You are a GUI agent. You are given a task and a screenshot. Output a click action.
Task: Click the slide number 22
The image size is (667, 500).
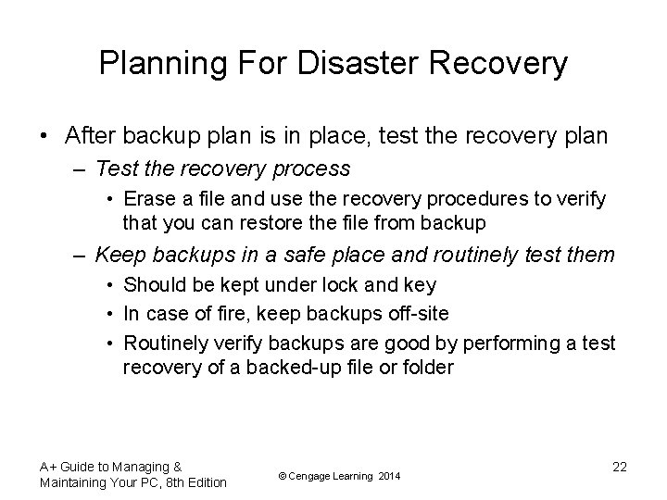click(619, 467)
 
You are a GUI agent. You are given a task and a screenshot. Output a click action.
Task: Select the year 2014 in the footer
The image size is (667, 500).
click(389, 476)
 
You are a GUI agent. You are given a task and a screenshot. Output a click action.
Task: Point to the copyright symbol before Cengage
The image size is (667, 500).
click(283, 476)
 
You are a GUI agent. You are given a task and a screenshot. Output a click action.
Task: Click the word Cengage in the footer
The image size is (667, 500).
click(313, 476)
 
